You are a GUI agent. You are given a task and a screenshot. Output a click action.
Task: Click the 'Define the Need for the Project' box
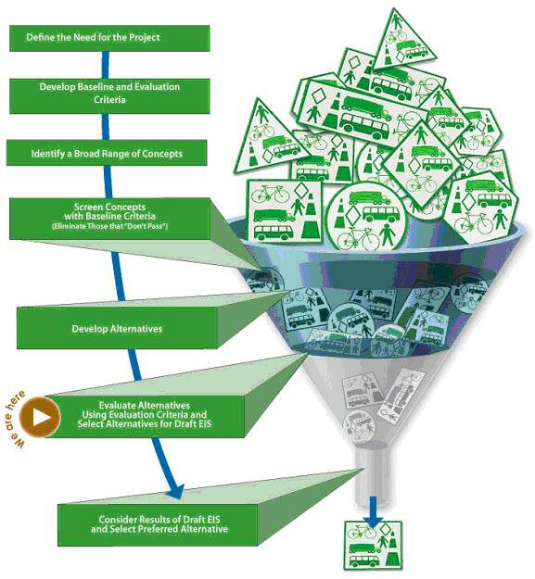(109, 38)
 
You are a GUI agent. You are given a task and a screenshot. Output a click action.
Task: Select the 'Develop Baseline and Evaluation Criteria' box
(109, 96)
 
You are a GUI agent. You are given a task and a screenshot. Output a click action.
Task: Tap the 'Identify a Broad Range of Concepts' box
(107, 153)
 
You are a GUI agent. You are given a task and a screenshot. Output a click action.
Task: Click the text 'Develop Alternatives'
(117, 329)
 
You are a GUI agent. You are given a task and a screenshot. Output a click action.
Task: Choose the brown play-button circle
(40, 417)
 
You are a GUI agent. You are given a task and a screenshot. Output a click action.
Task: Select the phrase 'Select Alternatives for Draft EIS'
(145, 423)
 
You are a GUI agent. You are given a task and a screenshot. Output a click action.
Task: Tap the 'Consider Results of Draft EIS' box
(158, 524)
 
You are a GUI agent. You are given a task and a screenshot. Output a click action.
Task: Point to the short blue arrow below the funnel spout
(373, 511)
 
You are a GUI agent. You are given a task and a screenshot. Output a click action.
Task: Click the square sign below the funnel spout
(373, 545)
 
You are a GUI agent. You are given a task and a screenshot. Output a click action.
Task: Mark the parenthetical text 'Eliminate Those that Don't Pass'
(109, 226)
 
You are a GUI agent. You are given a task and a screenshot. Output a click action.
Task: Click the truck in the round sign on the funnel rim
(369, 198)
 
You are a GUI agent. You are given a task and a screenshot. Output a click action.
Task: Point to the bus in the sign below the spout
(364, 560)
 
